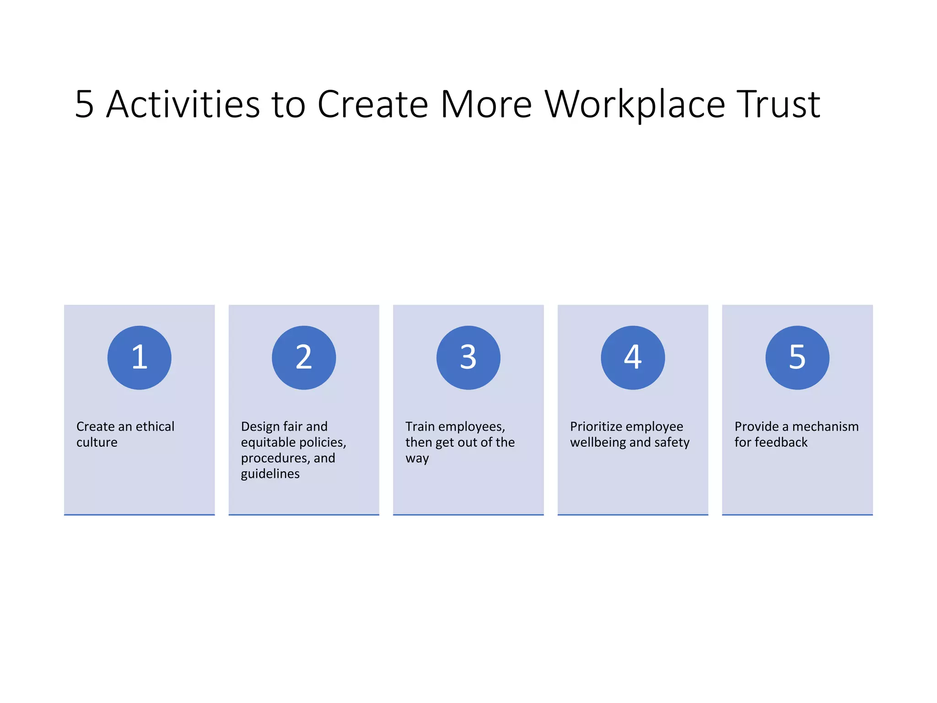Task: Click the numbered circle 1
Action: coord(140,357)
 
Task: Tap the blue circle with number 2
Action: coord(304,357)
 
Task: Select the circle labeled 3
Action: coord(468,357)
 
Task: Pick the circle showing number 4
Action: coord(633,357)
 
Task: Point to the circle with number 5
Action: coord(797,357)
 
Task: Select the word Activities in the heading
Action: coord(183,105)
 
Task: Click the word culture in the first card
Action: coord(97,443)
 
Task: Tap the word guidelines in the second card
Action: coord(270,474)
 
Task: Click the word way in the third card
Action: coord(417,459)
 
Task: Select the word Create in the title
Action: coord(373,105)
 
